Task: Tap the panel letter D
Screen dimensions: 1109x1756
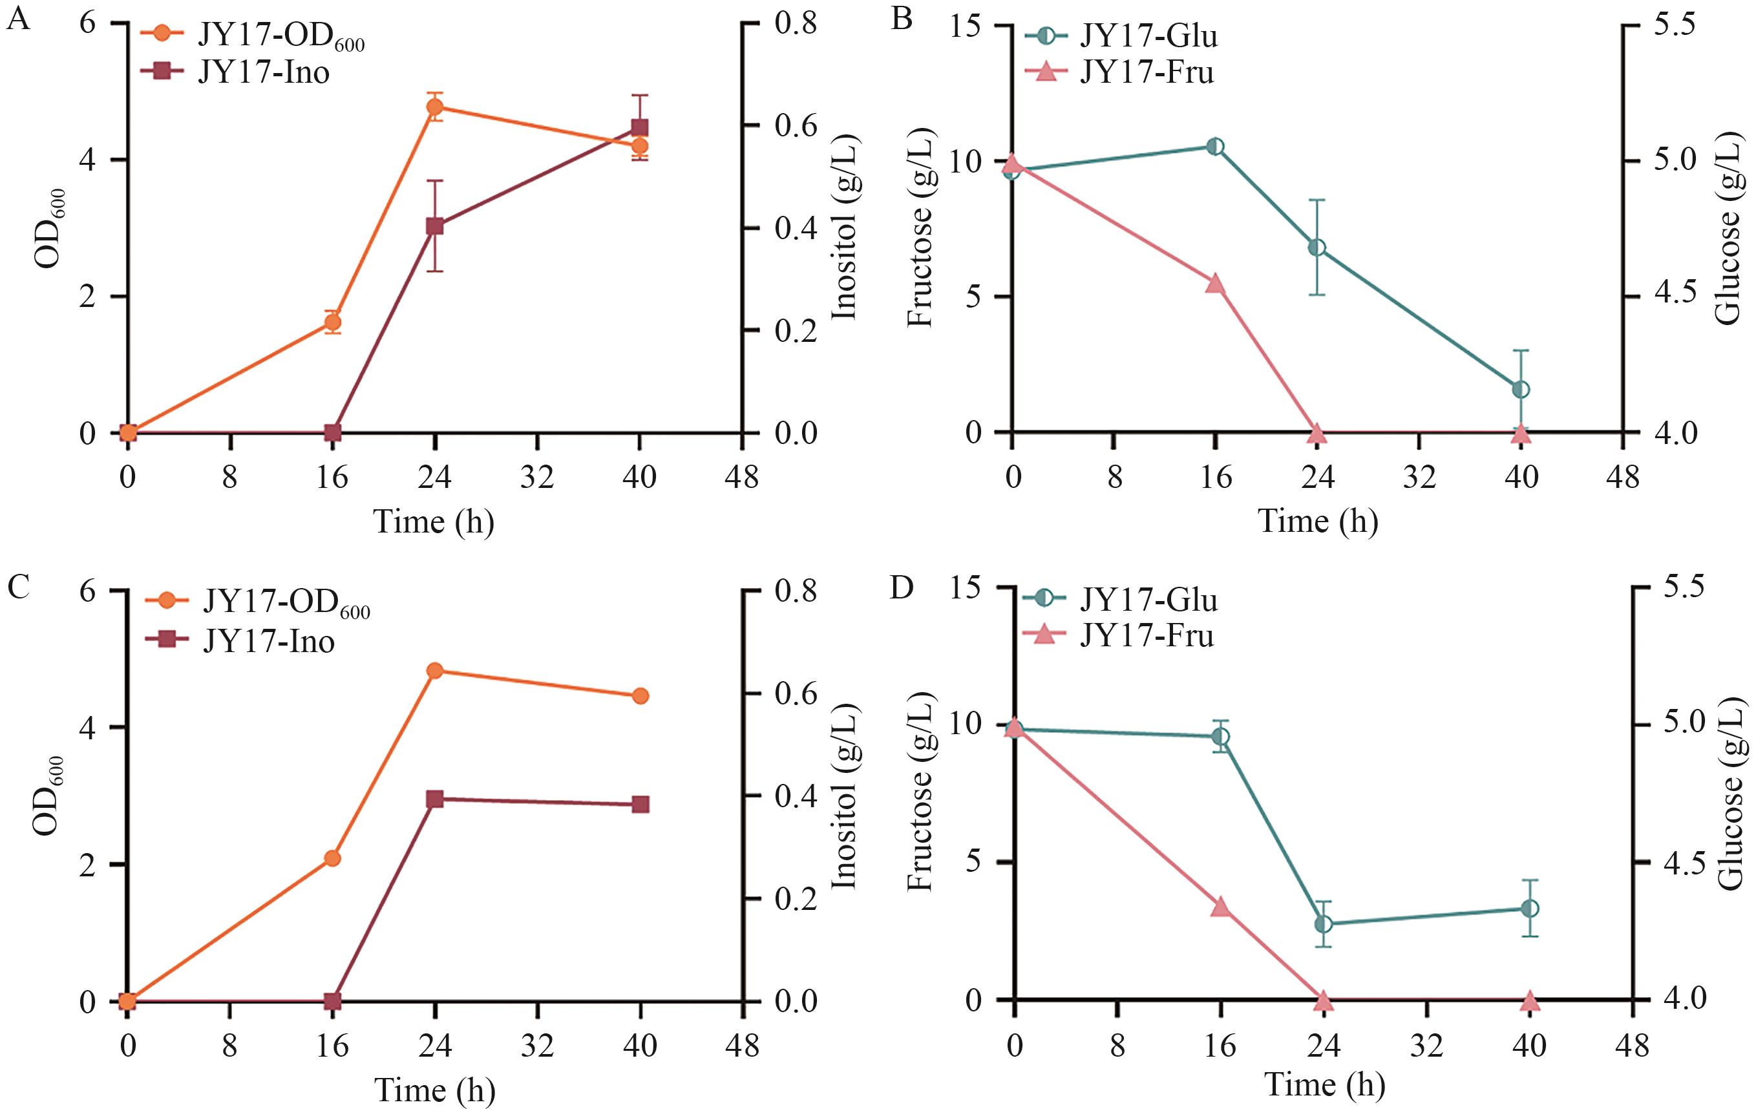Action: (x=902, y=587)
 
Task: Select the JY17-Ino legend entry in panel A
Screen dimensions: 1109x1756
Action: (x=263, y=72)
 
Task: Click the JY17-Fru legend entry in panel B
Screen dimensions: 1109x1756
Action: (x=1147, y=72)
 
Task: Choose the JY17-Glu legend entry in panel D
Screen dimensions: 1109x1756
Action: (x=1148, y=600)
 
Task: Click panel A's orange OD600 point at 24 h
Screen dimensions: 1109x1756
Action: (x=436, y=107)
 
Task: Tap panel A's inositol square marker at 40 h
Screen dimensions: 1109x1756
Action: (x=640, y=127)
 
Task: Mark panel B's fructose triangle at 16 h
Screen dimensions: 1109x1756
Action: (x=1215, y=284)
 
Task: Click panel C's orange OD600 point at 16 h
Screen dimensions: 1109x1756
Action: (x=333, y=858)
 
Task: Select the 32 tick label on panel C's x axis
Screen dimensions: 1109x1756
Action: (x=538, y=1046)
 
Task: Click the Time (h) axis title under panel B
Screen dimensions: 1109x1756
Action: (x=1318, y=522)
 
